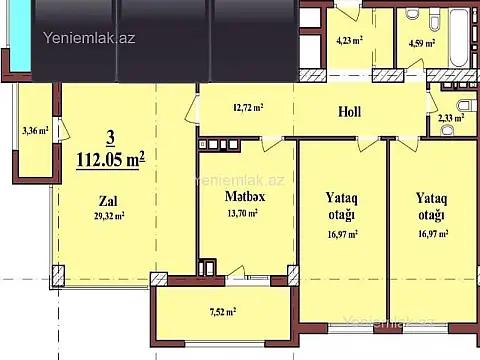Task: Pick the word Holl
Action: [x=349, y=111]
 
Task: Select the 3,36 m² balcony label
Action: [x=35, y=129]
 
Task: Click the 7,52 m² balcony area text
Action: [x=222, y=311]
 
